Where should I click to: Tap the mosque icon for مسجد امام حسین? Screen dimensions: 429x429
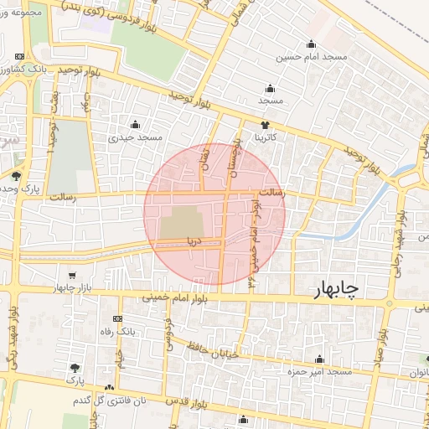coord(312,44)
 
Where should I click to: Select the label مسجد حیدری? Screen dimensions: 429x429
coord(139,137)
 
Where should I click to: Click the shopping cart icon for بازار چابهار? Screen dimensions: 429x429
coord(72,276)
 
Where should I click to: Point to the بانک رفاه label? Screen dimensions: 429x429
coord(118,333)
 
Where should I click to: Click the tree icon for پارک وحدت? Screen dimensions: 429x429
coord(16,175)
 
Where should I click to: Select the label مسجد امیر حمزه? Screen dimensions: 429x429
coord(320,370)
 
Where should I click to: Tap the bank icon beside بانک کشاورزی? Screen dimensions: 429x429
coord(19,56)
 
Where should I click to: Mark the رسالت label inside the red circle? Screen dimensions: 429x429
coord(270,194)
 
